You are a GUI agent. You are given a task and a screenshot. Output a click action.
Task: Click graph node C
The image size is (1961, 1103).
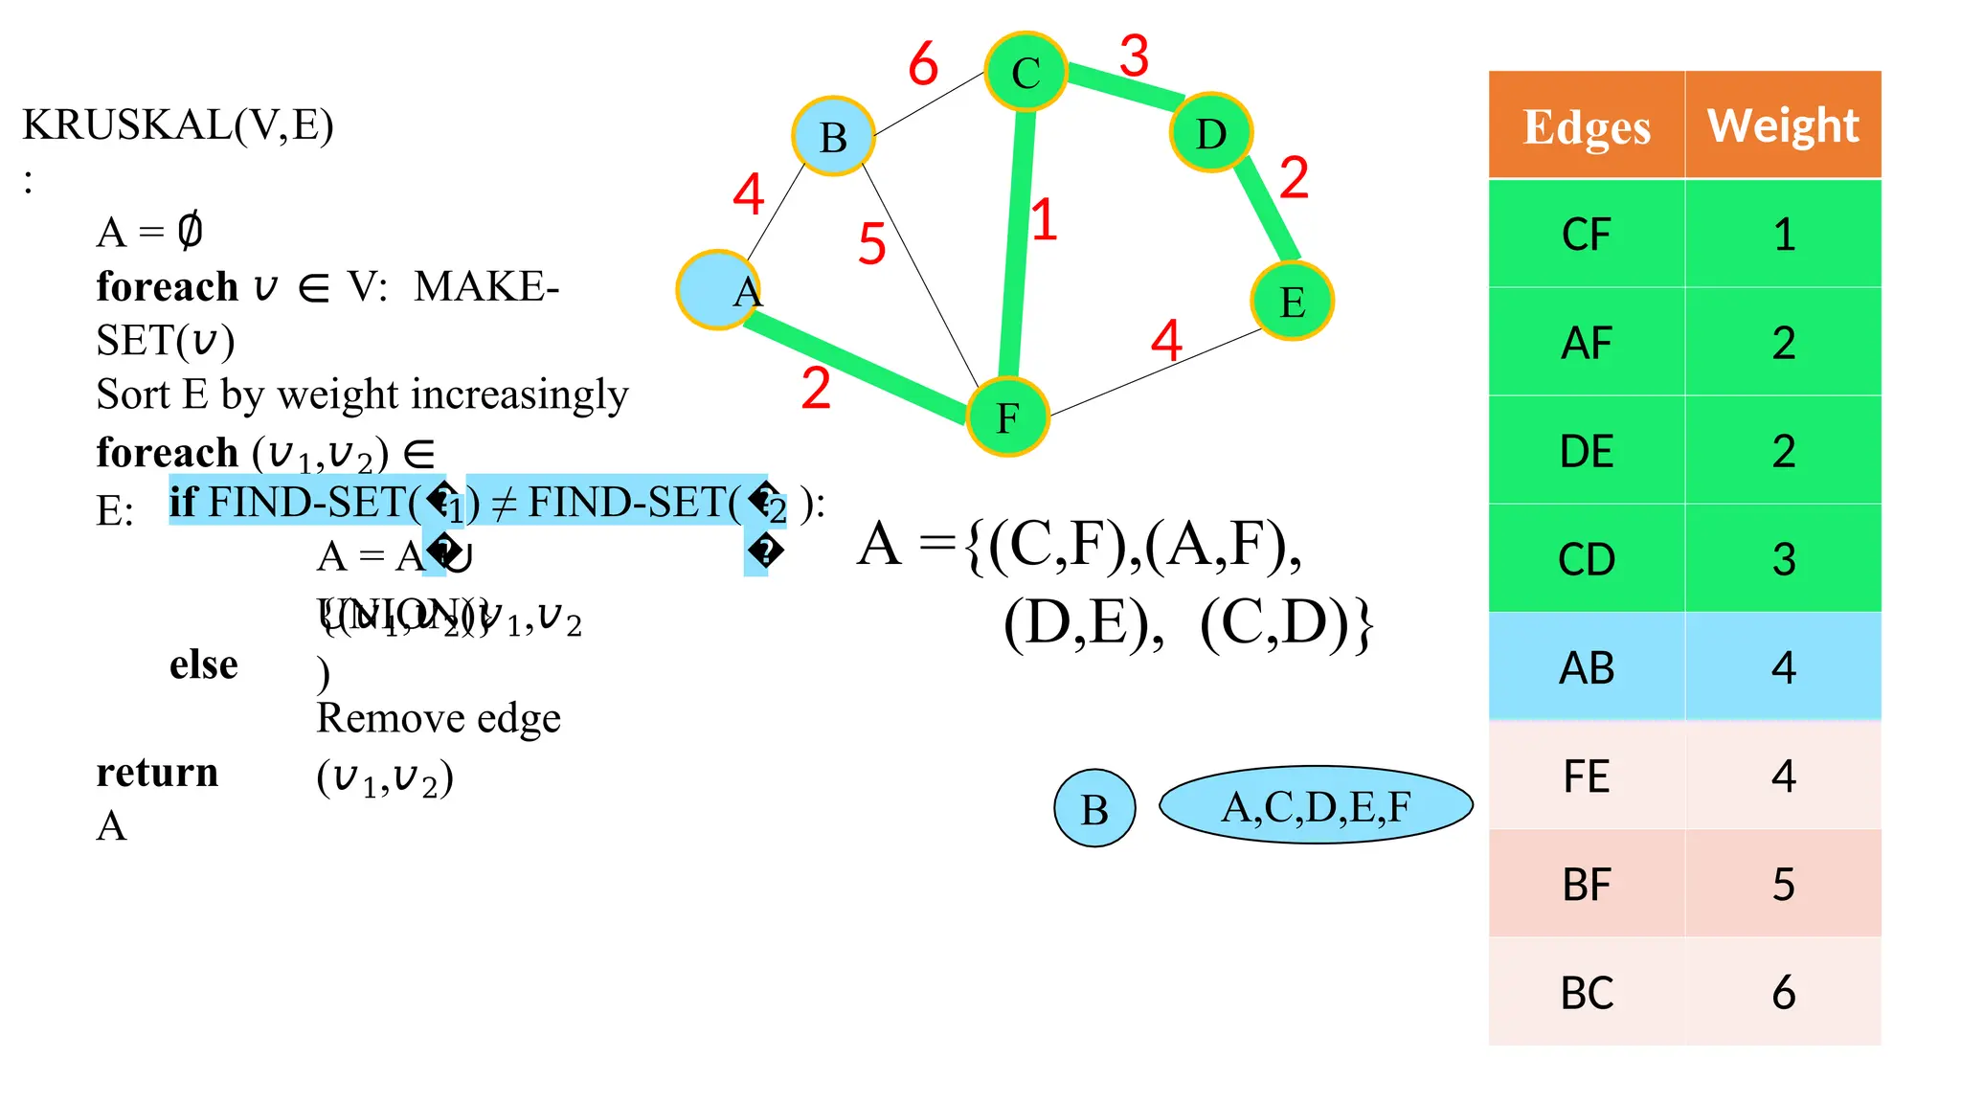click(1026, 72)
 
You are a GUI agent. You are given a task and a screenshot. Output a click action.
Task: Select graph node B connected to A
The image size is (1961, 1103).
click(833, 136)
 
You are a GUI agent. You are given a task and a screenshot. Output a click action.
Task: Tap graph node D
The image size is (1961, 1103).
click(1211, 133)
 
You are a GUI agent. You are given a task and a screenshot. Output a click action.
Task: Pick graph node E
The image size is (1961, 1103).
click(1292, 301)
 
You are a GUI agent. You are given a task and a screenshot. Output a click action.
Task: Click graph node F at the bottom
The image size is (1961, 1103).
click(1007, 416)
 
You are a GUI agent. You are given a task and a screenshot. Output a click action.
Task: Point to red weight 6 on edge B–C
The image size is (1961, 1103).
click(923, 64)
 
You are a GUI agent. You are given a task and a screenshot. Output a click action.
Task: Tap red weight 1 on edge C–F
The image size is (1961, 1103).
click(1044, 220)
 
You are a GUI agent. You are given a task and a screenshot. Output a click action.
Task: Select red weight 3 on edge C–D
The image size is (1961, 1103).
click(1134, 56)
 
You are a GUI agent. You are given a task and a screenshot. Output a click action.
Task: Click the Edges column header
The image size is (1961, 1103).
click(1586, 125)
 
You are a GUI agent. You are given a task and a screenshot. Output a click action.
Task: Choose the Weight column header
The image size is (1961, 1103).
click(1783, 125)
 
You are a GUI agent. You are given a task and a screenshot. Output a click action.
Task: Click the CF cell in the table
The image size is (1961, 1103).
click(1586, 235)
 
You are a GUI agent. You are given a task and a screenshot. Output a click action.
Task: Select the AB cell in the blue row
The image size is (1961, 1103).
click(1586, 667)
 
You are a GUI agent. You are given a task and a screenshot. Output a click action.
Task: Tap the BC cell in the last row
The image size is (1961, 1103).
click(1586, 993)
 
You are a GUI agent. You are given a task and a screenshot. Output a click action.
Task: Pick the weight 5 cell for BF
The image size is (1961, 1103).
click(1783, 884)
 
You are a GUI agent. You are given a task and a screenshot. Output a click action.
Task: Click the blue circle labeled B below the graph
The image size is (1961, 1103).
click(1094, 809)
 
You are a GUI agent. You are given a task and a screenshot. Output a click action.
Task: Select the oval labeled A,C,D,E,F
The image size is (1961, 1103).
click(1316, 805)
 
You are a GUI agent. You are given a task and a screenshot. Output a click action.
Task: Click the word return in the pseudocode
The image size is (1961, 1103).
click(157, 772)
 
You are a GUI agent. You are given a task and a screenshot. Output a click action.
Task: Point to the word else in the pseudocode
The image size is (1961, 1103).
click(203, 664)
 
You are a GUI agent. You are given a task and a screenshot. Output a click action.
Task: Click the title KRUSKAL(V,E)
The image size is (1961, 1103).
click(178, 125)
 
